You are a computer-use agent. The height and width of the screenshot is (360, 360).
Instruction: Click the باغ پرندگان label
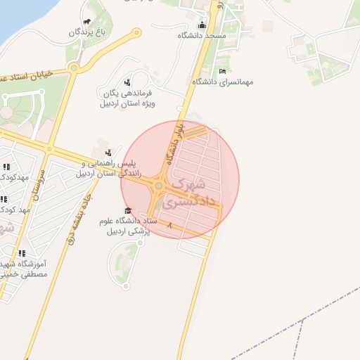(x=90, y=32)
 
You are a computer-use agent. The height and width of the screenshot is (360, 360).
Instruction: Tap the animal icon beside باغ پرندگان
(x=86, y=22)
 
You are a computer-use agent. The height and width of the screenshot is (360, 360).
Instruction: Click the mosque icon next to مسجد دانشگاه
(x=202, y=25)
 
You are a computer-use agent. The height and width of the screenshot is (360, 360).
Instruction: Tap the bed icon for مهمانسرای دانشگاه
(x=223, y=71)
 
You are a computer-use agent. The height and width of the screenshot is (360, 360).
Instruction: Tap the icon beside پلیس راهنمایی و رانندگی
(x=108, y=152)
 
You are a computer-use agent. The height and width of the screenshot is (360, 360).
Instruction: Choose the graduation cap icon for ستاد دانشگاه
(x=127, y=211)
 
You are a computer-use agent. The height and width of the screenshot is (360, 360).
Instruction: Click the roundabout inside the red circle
(x=160, y=186)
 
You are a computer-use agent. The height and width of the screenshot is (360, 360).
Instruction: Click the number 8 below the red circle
(x=170, y=226)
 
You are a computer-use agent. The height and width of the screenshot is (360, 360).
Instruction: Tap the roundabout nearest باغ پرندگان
(x=136, y=32)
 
